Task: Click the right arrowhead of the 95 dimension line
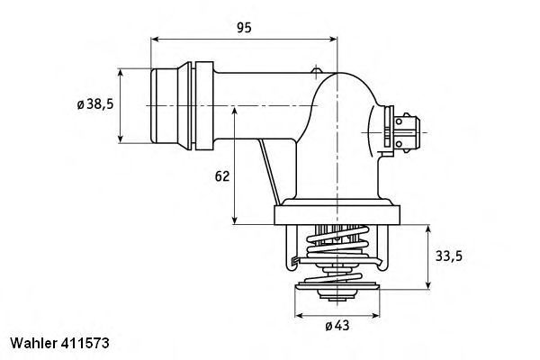coord(335,40)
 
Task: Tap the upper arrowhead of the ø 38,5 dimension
coord(121,70)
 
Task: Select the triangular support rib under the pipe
coord(267,171)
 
